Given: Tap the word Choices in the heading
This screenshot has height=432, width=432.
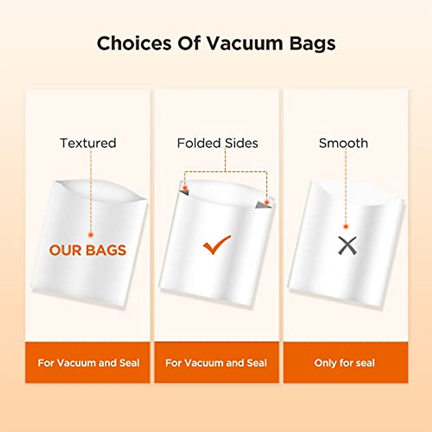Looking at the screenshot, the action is coord(134,43).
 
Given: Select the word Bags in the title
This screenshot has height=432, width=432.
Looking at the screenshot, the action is coord(312,44).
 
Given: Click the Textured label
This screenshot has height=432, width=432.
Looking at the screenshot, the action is coord(88,143).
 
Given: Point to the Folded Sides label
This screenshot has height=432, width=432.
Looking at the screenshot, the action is coord(217,143).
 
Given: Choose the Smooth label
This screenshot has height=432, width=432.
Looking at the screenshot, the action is coord(343,143).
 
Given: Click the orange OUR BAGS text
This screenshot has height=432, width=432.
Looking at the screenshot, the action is coord(87,250).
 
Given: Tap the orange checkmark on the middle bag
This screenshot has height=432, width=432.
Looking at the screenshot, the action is coord(217,244).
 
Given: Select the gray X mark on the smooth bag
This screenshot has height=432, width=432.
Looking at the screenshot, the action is coord(347,246).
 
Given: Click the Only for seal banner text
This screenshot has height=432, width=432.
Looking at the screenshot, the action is coord(345,363).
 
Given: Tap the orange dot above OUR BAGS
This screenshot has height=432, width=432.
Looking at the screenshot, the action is coord(91,235).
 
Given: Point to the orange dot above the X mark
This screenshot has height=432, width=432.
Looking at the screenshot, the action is coord(346,227).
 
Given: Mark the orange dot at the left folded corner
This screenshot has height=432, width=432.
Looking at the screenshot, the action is coord(185,188).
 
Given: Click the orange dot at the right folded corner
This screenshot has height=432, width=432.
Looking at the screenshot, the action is coord(267,202).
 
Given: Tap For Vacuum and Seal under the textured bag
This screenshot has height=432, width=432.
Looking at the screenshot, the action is coord(89,363).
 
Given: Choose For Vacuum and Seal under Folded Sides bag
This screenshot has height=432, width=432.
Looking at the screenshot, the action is coord(216,363).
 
